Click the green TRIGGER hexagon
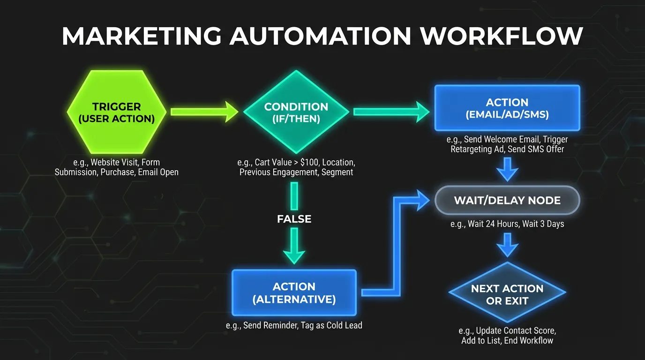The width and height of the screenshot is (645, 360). pyautogui.click(x=117, y=112)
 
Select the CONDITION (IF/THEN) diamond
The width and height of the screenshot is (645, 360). pyautogui.click(x=296, y=112)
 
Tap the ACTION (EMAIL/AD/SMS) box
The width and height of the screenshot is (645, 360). pyautogui.click(x=507, y=108)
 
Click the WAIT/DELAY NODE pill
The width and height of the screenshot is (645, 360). pyautogui.click(x=507, y=200)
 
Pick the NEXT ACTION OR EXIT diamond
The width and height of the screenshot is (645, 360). pyautogui.click(x=507, y=294)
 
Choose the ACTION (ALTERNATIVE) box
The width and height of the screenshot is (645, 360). pyautogui.click(x=294, y=293)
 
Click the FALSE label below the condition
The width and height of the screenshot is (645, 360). pyautogui.click(x=294, y=219)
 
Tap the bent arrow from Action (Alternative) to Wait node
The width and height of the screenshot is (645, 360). pyautogui.click(x=397, y=244)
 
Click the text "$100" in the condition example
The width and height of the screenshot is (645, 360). pyautogui.click(x=319, y=162)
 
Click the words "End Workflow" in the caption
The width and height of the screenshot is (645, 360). pyautogui.click(x=528, y=341)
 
